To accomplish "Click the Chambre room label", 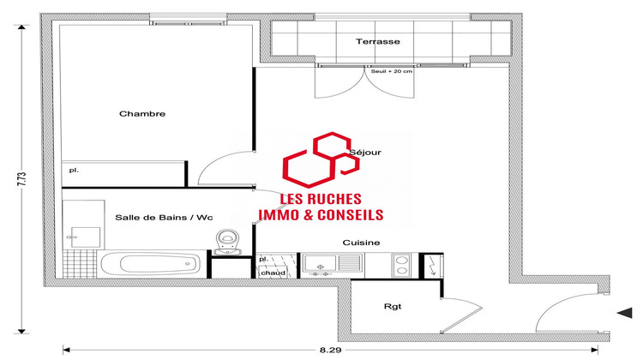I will tap(142, 114).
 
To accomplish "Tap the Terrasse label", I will tap(378, 41).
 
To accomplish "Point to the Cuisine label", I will tap(361, 243).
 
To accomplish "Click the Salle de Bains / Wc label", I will tap(163, 218).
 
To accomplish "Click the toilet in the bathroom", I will tap(228, 240).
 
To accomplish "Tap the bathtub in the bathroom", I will tap(153, 263).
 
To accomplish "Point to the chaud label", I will tap(273, 273).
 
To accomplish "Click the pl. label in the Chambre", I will tap(75, 171).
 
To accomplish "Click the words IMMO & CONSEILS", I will tap(320, 216).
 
